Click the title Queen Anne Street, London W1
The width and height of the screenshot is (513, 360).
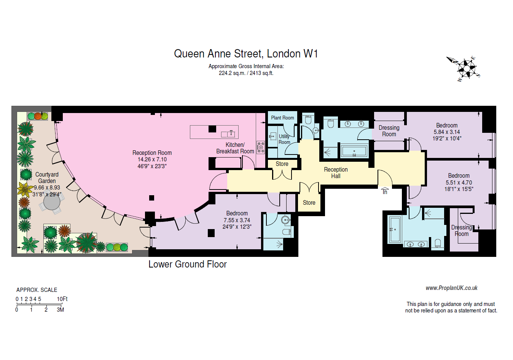point(246,54)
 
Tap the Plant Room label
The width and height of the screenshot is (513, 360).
point(282,118)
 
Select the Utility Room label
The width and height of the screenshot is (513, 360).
point(284,139)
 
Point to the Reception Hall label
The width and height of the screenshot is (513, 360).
point(336,173)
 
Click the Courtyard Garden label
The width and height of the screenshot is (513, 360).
point(47,178)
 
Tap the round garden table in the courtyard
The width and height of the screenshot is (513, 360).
point(52,202)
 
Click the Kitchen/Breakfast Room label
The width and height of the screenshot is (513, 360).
point(235,148)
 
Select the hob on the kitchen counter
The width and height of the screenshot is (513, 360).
point(261,147)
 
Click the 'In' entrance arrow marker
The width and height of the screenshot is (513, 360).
point(385,191)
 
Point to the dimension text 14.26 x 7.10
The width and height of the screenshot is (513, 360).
point(152,159)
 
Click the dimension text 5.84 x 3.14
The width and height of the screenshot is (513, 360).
point(447,132)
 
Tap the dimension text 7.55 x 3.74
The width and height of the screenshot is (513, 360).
point(237,220)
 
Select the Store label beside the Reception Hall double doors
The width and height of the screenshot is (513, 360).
point(309,203)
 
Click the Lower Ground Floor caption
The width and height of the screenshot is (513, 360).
point(187,264)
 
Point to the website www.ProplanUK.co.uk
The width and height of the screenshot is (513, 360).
point(451,288)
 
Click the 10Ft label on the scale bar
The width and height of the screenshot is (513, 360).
point(62,299)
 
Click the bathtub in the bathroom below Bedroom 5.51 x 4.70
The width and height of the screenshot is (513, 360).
point(394,229)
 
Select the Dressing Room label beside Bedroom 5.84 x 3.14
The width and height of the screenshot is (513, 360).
point(389,131)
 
